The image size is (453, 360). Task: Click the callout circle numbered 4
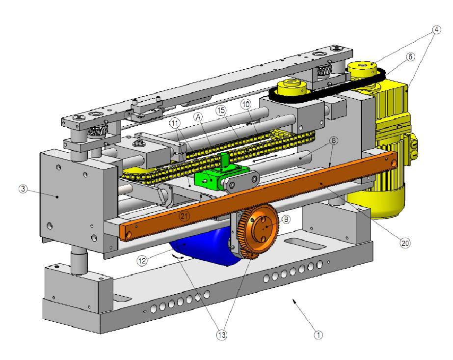pos(436,29)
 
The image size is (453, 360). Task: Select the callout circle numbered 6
pos(410,56)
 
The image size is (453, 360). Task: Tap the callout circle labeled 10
pos(246,105)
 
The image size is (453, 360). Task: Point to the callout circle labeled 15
pos(221,110)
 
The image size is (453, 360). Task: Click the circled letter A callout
pos(198,117)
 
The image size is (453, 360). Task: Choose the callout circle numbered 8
pos(333,141)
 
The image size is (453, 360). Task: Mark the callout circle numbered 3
pos(23,189)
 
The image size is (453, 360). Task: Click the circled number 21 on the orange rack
pos(184,216)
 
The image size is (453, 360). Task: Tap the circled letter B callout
pos(286,220)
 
